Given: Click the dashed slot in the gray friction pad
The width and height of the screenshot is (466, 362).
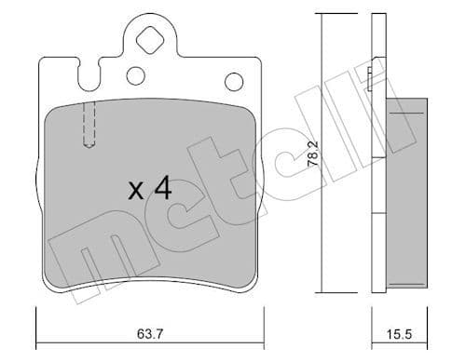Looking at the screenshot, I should coord(90,124).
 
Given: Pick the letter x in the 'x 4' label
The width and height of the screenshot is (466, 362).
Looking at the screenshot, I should coord(135,191).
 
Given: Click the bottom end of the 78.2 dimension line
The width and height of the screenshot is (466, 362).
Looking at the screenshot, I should coord(322,290).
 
